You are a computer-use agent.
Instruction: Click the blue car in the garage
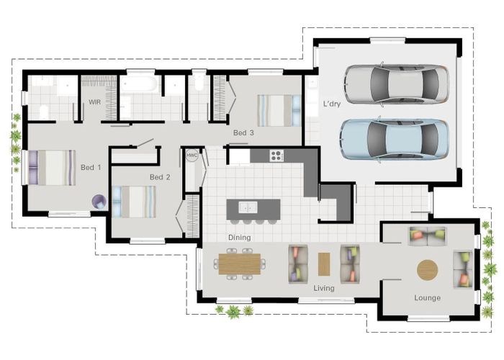click(x=394, y=139)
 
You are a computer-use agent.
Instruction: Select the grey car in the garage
click(x=396, y=84)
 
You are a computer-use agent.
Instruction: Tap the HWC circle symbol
click(x=192, y=156)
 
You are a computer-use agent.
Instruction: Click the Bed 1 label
click(x=91, y=168)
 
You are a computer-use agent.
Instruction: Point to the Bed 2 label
click(x=160, y=177)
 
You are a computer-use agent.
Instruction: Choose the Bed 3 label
click(x=243, y=132)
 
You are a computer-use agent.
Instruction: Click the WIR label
click(x=94, y=102)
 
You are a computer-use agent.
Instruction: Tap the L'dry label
click(x=332, y=104)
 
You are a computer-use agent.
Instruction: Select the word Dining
click(x=240, y=238)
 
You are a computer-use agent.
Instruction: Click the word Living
click(x=324, y=288)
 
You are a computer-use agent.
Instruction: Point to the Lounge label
click(x=427, y=298)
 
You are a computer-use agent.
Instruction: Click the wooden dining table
click(x=240, y=264)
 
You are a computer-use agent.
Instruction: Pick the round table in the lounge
click(x=427, y=270)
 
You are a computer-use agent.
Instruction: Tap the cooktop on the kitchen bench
click(x=276, y=156)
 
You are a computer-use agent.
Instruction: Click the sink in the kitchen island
click(x=248, y=207)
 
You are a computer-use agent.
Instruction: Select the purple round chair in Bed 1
click(x=99, y=202)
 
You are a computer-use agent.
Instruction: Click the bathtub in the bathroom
click(x=139, y=84)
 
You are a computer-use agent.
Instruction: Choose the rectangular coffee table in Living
click(x=324, y=264)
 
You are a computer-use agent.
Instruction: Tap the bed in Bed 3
click(x=279, y=111)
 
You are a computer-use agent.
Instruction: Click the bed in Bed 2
click(x=134, y=202)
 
